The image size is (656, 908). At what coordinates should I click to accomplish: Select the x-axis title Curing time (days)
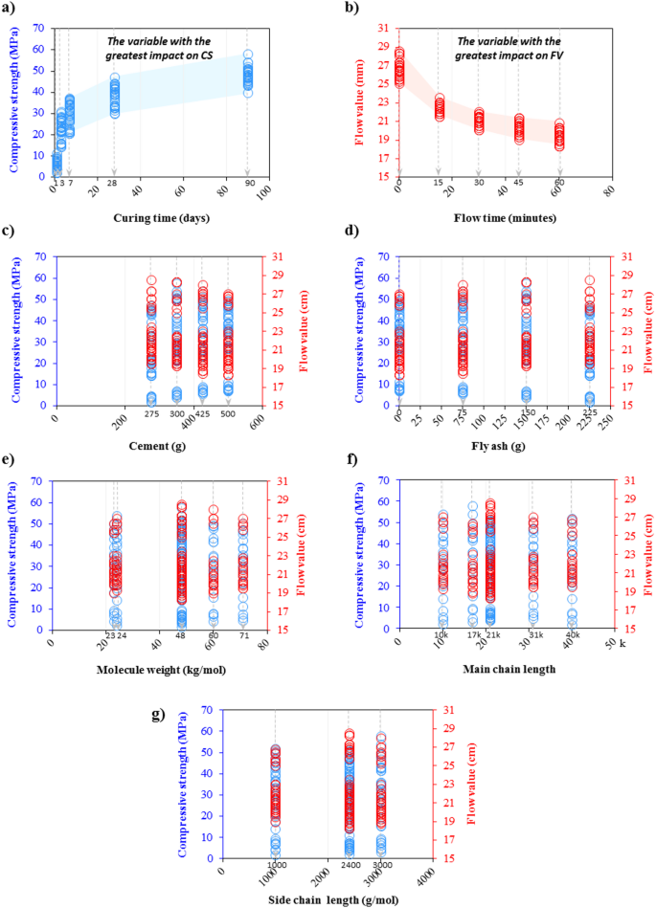pos(159,216)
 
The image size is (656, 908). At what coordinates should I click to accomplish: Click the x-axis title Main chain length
pos(504,667)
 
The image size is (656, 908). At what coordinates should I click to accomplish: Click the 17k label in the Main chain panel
pos(471,635)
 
